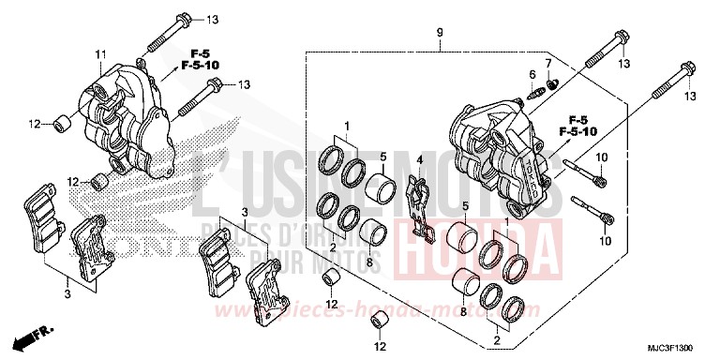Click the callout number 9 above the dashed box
(x=439, y=33)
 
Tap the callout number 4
(x=421, y=159)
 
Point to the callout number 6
(x=532, y=74)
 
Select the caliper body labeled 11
(x=122, y=117)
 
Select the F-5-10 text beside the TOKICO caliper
(x=584, y=134)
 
